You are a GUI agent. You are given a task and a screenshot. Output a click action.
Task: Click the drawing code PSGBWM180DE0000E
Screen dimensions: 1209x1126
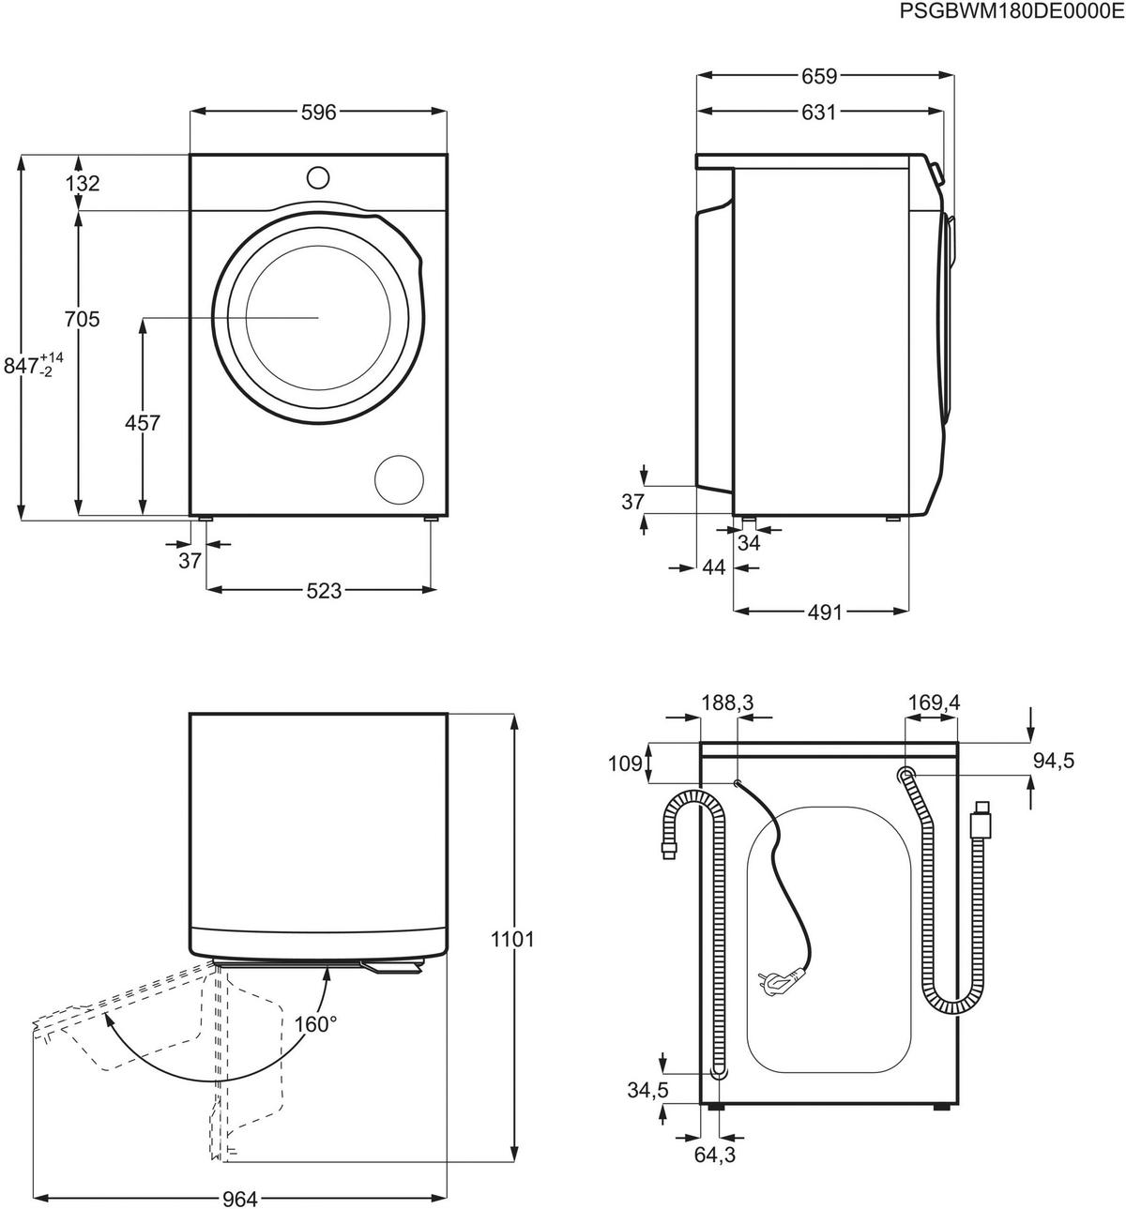[x=1011, y=11]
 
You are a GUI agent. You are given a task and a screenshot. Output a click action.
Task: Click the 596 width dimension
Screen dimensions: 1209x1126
[x=318, y=113]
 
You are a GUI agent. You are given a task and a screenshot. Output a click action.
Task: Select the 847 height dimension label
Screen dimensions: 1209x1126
[x=34, y=363]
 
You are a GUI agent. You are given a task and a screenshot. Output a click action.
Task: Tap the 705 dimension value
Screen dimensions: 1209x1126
[x=82, y=320]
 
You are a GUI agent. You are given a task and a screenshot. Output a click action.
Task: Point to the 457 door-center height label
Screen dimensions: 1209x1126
[x=143, y=423]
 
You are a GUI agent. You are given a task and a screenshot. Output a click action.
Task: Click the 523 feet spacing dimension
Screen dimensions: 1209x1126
[x=323, y=591]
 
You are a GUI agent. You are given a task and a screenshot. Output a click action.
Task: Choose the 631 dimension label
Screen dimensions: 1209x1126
[x=818, y=113]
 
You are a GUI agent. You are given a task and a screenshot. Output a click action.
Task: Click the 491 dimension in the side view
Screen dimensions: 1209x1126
[x=826, y=612]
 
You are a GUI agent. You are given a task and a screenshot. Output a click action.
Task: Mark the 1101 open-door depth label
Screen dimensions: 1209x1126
[x=511, y=938]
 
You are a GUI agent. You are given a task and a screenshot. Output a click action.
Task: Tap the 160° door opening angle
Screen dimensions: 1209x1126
[x=315, y=1023]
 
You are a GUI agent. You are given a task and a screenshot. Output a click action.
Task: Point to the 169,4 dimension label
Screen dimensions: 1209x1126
[x=934, y=703]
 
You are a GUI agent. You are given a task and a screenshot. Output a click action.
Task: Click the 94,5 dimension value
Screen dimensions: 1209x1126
[x=1053, y=761]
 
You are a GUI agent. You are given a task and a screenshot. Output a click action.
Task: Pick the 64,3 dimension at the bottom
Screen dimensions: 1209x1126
[x=715, y=1156]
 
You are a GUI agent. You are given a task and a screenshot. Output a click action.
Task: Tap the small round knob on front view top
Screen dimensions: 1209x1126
[x=318, y=177]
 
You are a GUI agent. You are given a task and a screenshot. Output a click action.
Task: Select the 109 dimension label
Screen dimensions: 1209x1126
[x=625, y=763]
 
